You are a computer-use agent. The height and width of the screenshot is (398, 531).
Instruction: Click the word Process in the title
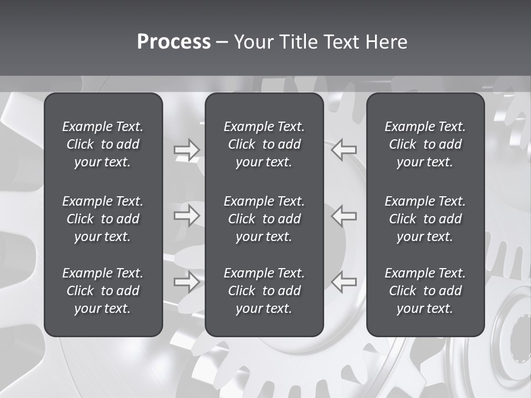[174, 42]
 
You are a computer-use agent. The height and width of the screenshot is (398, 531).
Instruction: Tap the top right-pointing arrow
[186, 150]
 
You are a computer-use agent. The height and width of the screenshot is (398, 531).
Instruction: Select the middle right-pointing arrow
[186, 215]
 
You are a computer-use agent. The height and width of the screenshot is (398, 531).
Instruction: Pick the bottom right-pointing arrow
[186, 281]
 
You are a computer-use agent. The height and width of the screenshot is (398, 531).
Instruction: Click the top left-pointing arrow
[343, 150]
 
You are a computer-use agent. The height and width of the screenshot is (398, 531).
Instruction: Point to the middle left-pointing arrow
[343, 215]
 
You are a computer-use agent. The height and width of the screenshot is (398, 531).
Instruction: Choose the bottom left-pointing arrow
[343, 281]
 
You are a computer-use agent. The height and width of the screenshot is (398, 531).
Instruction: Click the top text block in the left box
[103, 144]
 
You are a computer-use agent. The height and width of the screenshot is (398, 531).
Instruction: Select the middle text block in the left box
[103, 219]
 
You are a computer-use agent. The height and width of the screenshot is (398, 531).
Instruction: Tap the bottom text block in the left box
[103, 291]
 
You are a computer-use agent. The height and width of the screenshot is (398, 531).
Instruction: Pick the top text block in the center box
[264, 144]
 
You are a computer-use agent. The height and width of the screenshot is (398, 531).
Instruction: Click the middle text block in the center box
[264, 219]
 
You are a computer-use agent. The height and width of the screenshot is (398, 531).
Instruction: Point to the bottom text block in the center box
[264, 291]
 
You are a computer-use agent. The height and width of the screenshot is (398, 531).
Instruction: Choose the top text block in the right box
[425, 144]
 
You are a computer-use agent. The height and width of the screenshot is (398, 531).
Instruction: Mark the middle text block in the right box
[425, 219]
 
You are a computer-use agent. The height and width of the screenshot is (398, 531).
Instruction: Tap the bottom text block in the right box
[425, 291]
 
